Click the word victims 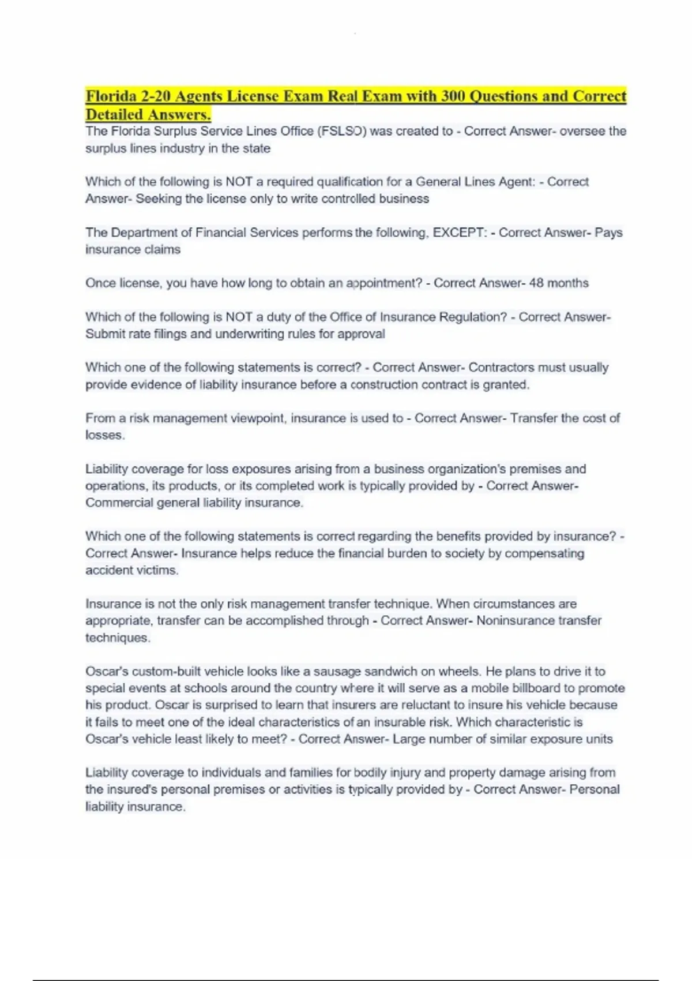click(156, 570)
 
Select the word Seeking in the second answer click(159, 199)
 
